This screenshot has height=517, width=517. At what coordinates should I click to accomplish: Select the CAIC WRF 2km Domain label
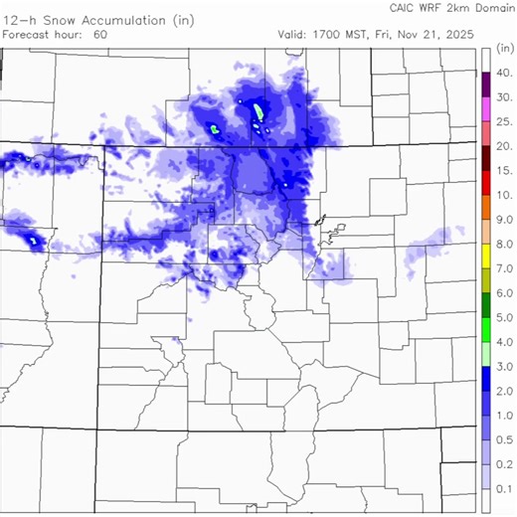446,7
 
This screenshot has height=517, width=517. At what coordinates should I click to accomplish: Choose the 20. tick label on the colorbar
504,146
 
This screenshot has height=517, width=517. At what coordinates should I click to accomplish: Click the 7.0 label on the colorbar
504,268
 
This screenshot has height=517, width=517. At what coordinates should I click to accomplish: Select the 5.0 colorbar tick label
504,317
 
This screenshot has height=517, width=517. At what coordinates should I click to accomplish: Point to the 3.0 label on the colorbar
504,366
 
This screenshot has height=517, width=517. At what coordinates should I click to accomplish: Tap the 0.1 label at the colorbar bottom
504,488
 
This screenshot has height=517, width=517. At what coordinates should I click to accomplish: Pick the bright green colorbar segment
485,329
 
